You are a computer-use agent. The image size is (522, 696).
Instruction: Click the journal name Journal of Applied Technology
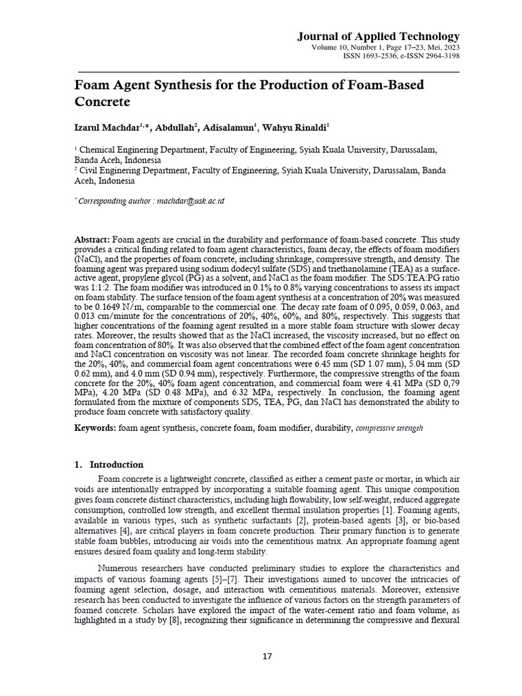point(378,36)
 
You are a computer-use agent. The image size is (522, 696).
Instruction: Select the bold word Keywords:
point(95,430)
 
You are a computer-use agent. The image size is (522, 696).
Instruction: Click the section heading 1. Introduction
point(108,464)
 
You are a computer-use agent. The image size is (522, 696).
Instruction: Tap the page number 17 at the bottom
point(266,656)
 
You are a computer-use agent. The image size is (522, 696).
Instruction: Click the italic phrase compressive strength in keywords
point(389,430)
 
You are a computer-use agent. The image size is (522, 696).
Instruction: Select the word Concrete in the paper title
point(101,103)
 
